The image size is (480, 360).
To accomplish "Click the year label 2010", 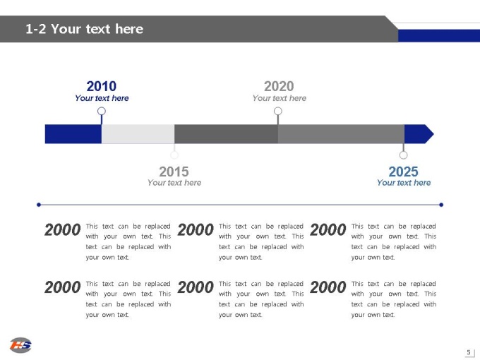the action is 102,86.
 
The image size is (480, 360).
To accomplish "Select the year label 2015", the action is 174,172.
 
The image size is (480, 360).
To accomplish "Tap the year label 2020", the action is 279,86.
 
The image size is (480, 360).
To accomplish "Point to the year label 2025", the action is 403,172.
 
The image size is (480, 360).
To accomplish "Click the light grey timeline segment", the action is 138,134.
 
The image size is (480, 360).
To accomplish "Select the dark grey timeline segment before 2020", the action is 226,134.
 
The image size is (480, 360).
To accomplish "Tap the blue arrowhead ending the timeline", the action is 419,134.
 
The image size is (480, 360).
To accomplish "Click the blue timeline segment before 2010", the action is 73,134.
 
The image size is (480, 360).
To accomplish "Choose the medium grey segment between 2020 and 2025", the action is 341,134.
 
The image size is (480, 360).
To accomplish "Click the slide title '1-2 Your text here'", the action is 84,29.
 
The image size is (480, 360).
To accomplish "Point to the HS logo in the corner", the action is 20,345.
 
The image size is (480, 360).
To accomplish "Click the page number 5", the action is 469,352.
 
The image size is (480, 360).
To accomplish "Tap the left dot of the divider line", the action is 39,205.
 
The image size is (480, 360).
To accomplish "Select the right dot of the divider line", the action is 441,205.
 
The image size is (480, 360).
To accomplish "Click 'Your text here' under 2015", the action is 174,182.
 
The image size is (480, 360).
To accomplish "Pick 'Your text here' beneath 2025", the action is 404,182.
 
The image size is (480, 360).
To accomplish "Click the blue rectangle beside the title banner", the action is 439,35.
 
